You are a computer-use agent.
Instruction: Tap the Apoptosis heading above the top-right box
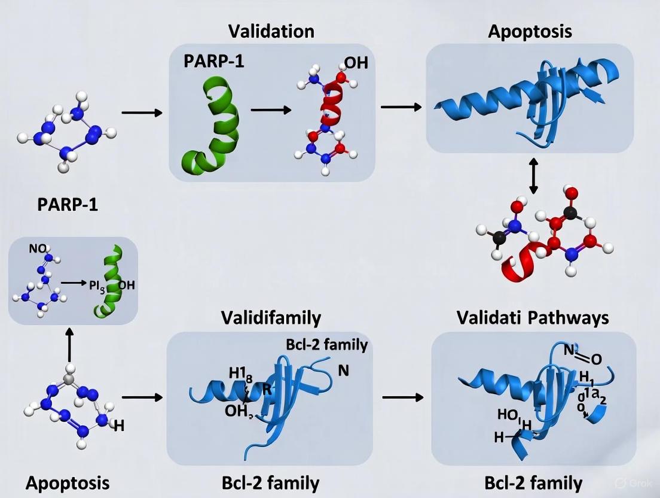[530, 31]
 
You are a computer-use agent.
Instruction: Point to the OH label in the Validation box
[356, 63]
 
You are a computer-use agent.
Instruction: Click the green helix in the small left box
[107, 281]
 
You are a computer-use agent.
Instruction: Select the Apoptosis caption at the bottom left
[68, 482]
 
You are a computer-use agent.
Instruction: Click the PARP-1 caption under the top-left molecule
[68, 205]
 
